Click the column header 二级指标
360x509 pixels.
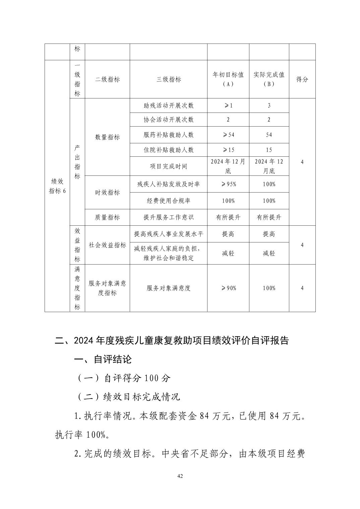[107, 80]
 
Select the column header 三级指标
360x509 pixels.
[169, 80]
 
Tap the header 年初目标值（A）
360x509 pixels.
[228, 79]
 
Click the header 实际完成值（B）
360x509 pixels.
[269, 79]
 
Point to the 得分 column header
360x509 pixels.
[302, 80]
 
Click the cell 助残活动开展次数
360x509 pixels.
[169, 106]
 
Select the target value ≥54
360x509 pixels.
[228, 135]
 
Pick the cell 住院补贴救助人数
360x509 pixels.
[169, 150]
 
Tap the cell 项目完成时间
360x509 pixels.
[169, 166]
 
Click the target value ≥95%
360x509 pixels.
[228, 184]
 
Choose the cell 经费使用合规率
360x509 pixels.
[169, 201]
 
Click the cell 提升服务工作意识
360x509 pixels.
[169, 217]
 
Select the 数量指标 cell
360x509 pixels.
[107, 137]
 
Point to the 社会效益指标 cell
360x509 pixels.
[107, 245]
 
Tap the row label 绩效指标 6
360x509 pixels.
[57, 186]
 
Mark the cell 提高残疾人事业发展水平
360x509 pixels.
[169, 234]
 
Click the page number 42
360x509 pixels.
[180, 476]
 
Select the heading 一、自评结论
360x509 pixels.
[103, 360]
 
